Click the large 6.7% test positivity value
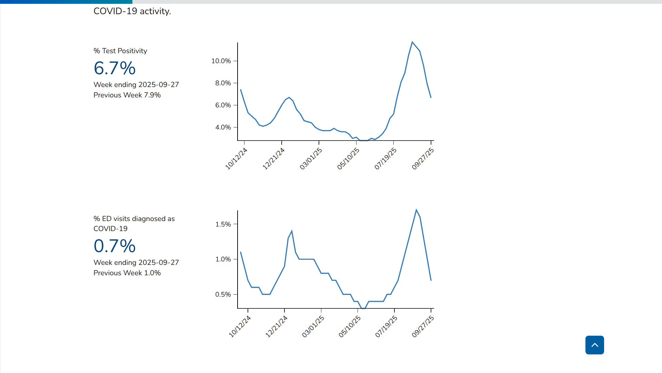click(x=114, y=68)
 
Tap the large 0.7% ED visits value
click(x=114, y=246)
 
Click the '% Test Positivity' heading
click(x=120, y=51)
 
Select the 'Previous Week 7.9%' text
click(x=127, y=95)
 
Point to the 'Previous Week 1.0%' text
click(x=127, y=273)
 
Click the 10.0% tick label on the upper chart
click(x=221, y=61)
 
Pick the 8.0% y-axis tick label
click(x=223, y=83)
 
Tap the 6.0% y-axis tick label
click(x=223, y=105)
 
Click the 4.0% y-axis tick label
click(x=223, y=127)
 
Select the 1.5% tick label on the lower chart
click(x=223, y=224)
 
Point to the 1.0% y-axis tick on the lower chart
click(x=223, y=259)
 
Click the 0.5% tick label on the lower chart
click(x=223, y=295)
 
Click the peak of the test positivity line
click(x=412, y=42)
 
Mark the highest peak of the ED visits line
click(x=416, y=210)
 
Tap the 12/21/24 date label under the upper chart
click(x=274, y=159)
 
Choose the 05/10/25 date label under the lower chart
click(x=350, y=326)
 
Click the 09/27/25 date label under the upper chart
click(x=423, y=159)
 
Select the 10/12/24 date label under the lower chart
click(x=240, y=326)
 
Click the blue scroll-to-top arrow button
click(x=594, y=345)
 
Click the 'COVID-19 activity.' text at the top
click(x=132, y=11)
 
